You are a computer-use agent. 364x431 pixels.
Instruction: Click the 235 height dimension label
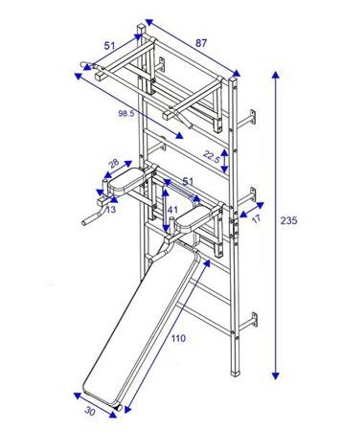click(x=288, y=220)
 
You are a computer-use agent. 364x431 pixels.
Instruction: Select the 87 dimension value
click(x=201, y=43)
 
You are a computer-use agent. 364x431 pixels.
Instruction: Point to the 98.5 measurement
click(x=126, y=114)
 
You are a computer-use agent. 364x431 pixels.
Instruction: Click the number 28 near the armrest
click(x=113, y=164)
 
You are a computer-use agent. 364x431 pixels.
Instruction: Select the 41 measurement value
click(x=172, y=208)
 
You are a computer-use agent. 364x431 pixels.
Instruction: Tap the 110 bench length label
click(x=178, y=339)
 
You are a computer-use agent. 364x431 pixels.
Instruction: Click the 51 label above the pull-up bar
click(x=111, y=44)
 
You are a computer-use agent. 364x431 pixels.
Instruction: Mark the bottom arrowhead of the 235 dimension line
click(x=278, y=374)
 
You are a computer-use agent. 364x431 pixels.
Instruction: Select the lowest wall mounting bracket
click(x=253, y=315)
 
